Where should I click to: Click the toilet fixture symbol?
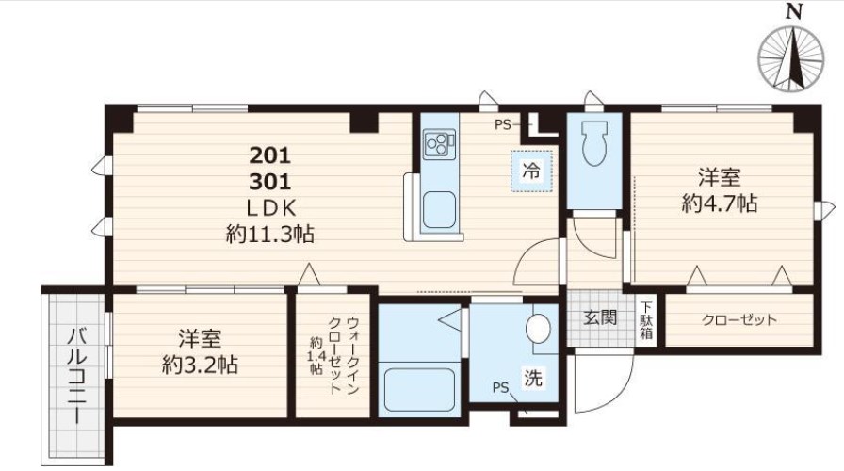594,143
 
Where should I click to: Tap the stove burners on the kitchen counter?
439,144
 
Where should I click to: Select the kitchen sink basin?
439,209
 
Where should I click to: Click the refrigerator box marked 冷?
531,171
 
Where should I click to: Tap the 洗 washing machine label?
533,378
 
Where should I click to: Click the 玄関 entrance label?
600,317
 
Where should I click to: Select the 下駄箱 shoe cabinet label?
646,320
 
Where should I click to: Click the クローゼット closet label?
739,319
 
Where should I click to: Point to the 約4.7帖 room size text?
720,203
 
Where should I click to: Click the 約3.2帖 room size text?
201,365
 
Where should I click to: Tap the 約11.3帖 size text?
270,235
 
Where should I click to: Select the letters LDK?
270,208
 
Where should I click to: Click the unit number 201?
270,155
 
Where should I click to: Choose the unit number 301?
270,182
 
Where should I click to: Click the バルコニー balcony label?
76,377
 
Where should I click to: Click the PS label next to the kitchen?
502,125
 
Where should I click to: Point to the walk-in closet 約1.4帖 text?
316,356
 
